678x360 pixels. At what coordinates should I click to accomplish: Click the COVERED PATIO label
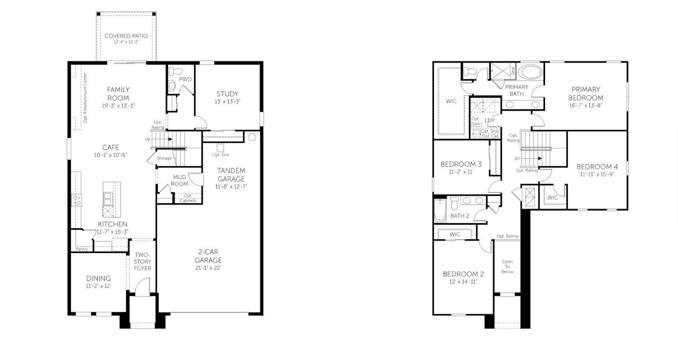pyautogui.click(x=126, y=36)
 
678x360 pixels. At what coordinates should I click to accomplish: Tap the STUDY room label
pyautogui.click(x=227, y=94)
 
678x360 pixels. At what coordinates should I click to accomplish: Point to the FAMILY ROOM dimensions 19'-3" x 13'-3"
pyautogui.click(x=118, y=106)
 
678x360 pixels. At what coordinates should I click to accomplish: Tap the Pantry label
pyautogui.click(x=82, y=249)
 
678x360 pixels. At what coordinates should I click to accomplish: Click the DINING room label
pyautogui.click(x=99, y=278)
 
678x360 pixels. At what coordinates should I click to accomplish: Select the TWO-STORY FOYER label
pyautogui.click(x=142, y=262)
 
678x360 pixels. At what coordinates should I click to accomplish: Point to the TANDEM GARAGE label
pyautogui.click(x=231, y=174)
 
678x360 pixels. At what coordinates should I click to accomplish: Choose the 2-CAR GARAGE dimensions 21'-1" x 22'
pyautogui.click(x=208, y=268)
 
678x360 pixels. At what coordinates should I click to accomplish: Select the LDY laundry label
pyautogui.click(x=490, y=121)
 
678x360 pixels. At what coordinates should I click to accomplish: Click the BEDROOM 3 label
pyautogui.click(x=461, y=164)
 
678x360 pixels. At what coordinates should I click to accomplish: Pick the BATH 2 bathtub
pyautogui.click(x=440, y=210)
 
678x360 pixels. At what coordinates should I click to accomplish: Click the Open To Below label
pyautogui.click(x=508, y=266)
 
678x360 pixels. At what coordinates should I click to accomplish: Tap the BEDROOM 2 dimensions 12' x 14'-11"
pyautogui.click(x=463, y=282)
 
